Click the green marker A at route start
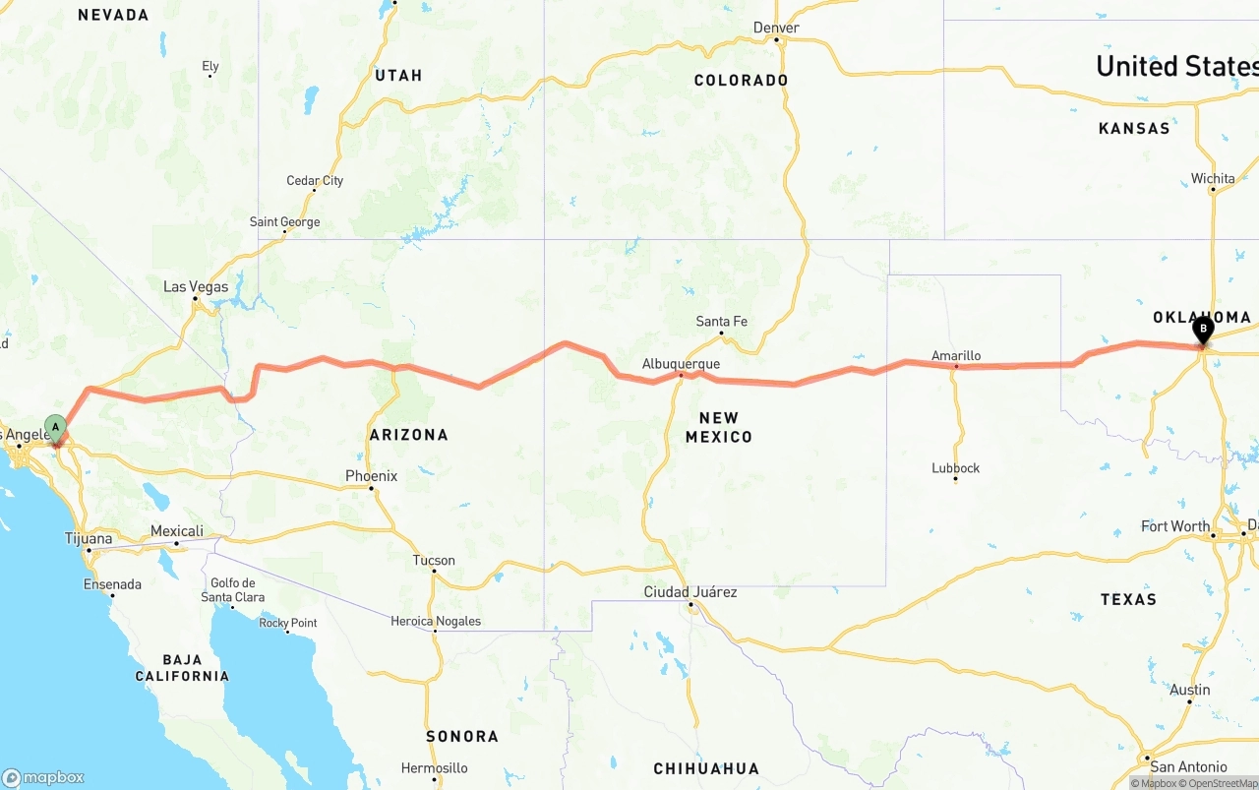pyautogui.click(x=56, y=428)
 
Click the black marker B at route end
pyautogui.click(x=1202, y=330)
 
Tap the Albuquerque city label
pyautogui.click(x=681, y=364)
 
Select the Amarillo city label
pyautogui.click(x=956, y=356)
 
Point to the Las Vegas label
pyautogui.click(x=196, y=287)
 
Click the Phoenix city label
pyautogui.click(x=371, y=476)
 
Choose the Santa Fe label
pyautogui.click(x=721, y=322)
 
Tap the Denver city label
pyautogui.click(x=776, y=28)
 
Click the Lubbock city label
pyautogui.click(x=955, y=468)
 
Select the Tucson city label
pyautogui.click(x=434, y=561)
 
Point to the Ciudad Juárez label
pyautogui.click(x=689, y=592)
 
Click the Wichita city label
pyautogui.click(x=1213, y=179)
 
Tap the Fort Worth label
pyautogui.click(x=1175, y=526)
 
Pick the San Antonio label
pyautogui.click(x=1188, y=766)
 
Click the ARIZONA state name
pyautogui.click(x=408, y=435)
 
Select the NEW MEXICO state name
pyautogui.click(x=719, y=427)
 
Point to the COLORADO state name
pyautogui.click(x=741, y=81)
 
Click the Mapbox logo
pyautogui.click(x=43, y=777)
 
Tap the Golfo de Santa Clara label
pyautogui.click(x=232, y=590)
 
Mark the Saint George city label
pyautogui.click(x=284, y=222)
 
